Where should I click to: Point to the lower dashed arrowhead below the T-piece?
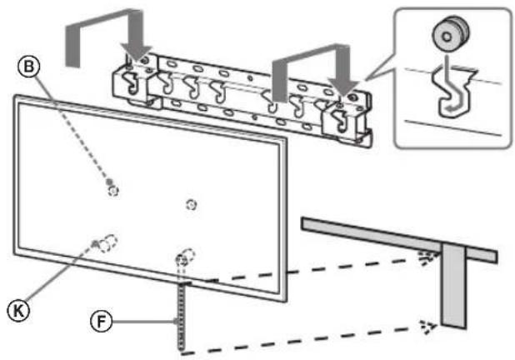[427, 326]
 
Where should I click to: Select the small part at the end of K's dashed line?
[97, 243]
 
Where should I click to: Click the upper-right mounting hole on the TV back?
[191, 204]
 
